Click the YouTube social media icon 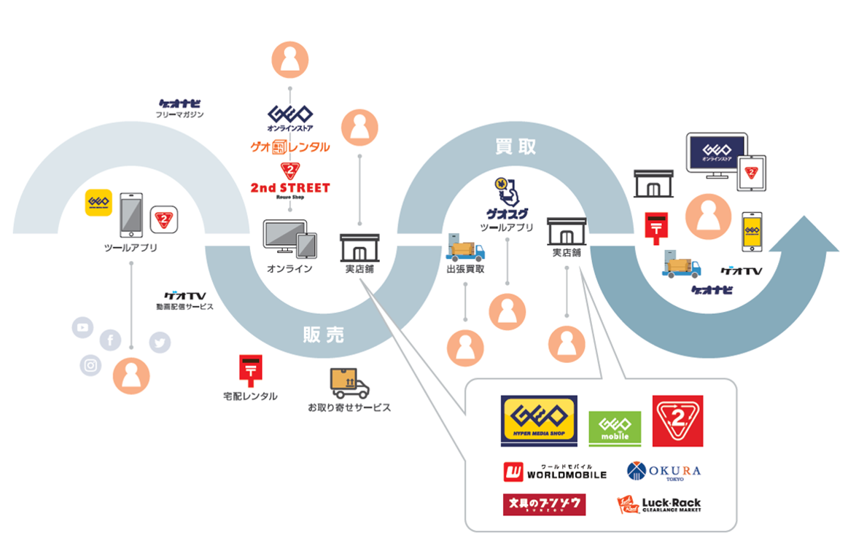[x=83, y=328]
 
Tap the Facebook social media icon [x=110, y=340]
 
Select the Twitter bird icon [x=160, y=342]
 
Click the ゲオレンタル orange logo [x=290, y=147]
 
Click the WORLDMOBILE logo [x=555, y=472]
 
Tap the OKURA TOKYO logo [x=664, y=472]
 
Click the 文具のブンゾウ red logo [x=544, y=504]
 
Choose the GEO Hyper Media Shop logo [x=539, y=421]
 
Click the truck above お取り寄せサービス [x=349, y=383]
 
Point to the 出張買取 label [x=466, y=269]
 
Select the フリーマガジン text [x=179, y=114]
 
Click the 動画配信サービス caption [x=184, y=307]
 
